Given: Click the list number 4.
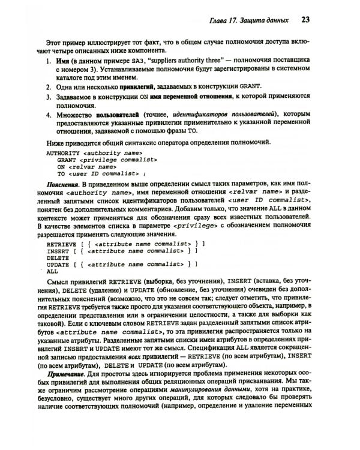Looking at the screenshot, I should click(49, 114).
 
